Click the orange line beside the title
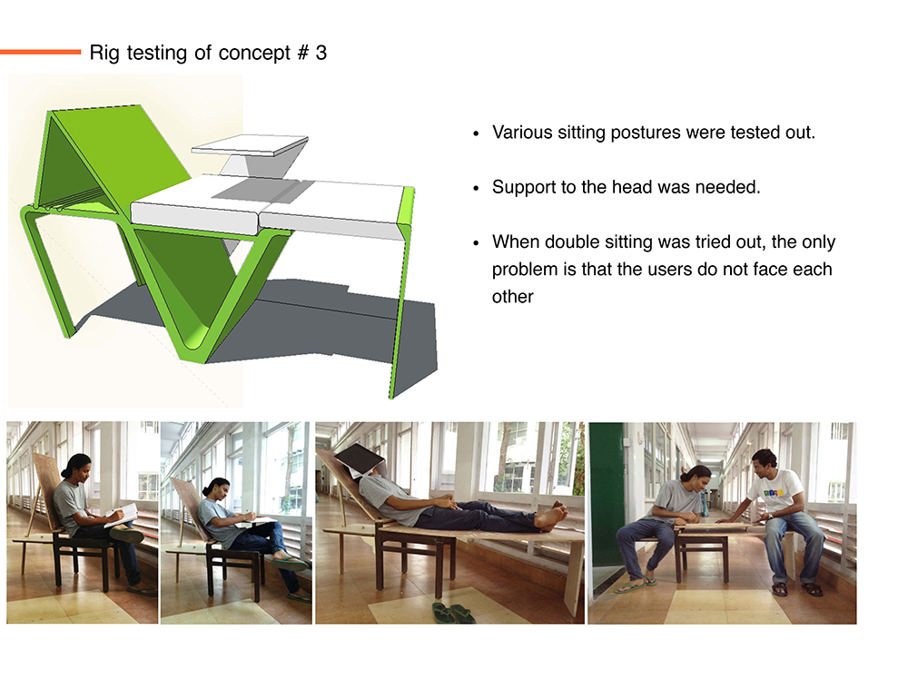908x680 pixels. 40,52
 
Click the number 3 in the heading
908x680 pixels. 321,53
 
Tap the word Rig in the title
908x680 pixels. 104,54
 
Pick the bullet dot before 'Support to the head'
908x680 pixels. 476,188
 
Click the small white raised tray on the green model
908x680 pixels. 250,144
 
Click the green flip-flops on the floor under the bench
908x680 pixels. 453,612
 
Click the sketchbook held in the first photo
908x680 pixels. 123,515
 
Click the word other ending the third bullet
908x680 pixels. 512,297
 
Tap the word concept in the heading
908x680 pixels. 254,54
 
